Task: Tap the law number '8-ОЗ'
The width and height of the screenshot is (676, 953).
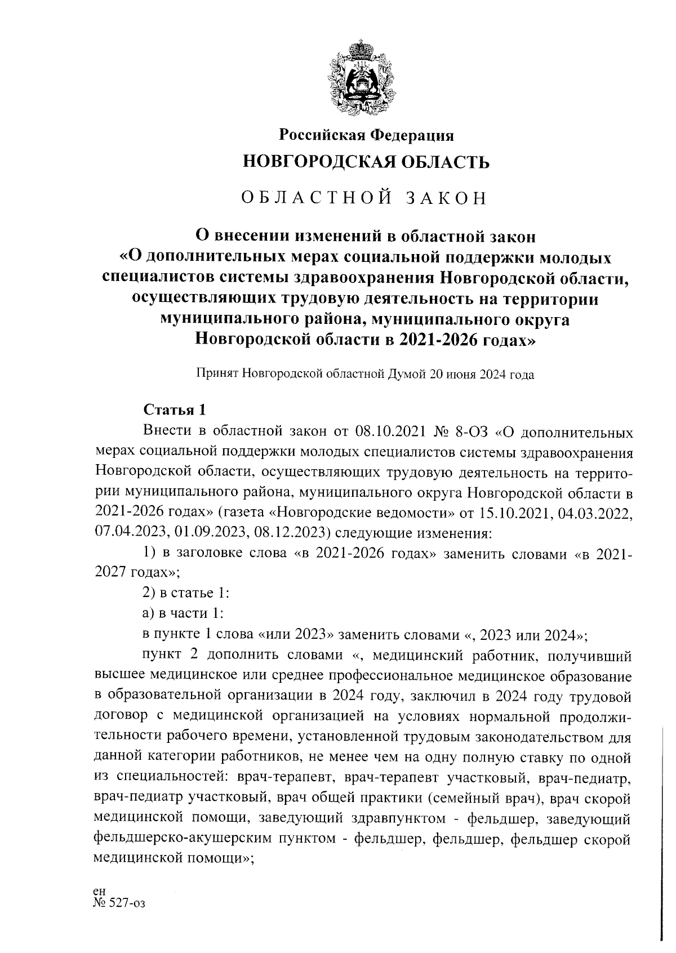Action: click(x=471, y=433)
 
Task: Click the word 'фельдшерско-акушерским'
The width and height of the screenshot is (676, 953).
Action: click(x=181, y=839)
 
